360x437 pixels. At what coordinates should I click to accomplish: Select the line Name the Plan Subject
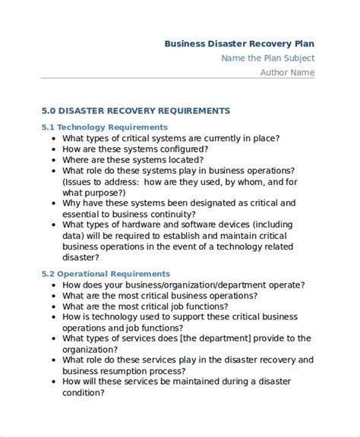[x=267, y=58]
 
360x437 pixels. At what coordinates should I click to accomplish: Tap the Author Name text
[x=287, y=73]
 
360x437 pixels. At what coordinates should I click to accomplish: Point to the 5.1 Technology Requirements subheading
[x=104, y=127]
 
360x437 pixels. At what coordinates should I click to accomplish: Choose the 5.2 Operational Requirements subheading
[x=106, y=273]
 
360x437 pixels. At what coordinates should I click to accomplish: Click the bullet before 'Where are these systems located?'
[x=52, y=161]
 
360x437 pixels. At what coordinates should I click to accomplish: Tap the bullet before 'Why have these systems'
[x=52, y=204]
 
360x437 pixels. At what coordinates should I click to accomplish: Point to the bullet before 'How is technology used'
[x=52, y=317]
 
